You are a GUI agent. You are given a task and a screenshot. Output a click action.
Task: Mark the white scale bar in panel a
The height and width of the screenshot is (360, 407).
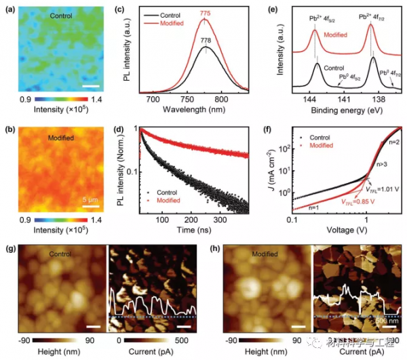pyautogui.click(x=92, y=86)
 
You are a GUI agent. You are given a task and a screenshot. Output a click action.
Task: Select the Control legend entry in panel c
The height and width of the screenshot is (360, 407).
pyautogui.click(x=176, y=14)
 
